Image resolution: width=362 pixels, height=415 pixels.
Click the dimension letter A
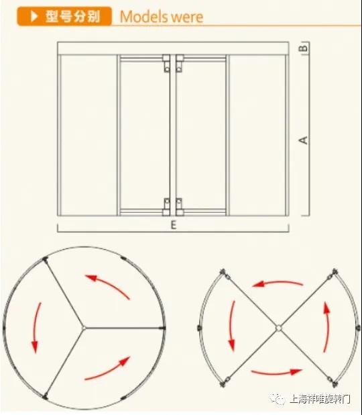tap(304, 140)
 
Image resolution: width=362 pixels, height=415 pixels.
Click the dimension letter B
tap(304, 48)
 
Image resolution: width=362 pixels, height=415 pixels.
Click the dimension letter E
tap(174, 225)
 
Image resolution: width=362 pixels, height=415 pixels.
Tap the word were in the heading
tap(187, 17)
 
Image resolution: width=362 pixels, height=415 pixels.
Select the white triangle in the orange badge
tap(34, 16)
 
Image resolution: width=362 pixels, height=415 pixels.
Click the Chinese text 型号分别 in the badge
tap(73, 16)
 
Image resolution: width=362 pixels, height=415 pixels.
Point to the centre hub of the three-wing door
tap(84, 328)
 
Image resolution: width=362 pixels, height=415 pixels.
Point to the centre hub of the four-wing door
tap(279, 328)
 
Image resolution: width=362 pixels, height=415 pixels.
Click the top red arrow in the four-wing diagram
tap(278, 283)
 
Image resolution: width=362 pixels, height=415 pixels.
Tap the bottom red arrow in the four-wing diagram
tap(277, 373)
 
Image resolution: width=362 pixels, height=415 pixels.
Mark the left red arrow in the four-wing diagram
tap(231, 326)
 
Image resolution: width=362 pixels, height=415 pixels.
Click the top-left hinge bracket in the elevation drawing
tap(166, 63)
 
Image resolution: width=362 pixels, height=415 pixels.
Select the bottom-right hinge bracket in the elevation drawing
tap(180, 207)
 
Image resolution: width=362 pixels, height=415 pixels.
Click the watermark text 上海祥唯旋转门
tap(320, 399)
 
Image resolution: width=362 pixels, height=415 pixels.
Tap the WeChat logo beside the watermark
tap(277, 399)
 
